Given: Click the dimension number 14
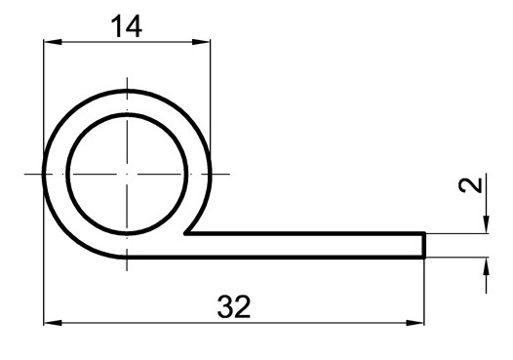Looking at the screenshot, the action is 127,26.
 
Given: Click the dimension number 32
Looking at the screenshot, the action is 234,306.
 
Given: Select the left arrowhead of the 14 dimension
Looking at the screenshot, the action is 53,42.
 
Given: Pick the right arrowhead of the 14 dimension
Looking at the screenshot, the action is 201,42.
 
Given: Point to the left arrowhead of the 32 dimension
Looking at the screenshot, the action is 53,323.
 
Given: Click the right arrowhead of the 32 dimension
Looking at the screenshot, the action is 414,323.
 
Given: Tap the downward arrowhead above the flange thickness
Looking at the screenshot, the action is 486,224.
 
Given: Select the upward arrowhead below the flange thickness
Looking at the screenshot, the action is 486,266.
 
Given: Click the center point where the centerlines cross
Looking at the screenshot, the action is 127,174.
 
